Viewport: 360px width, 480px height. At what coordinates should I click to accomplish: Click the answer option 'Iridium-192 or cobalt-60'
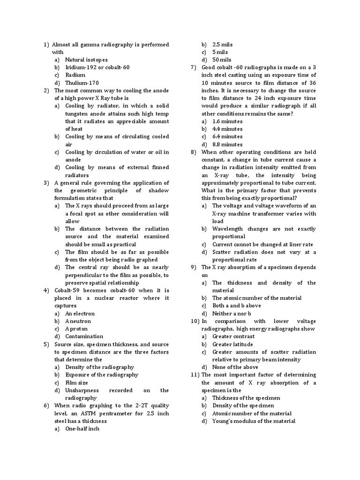(x=97, y=67)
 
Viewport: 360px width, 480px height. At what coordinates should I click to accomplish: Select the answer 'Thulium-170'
(x=82, y=83)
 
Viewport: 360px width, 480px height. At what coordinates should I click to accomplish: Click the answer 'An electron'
(x=80, y=314)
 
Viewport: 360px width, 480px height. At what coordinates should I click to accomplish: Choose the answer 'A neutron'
(x=78, y=321)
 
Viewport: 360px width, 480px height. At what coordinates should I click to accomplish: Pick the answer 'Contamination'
(x=84, y=337)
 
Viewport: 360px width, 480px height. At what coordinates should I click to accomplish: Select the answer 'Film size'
(x=76, y=382)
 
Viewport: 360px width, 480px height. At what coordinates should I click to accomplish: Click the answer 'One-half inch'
(x=82, y=429)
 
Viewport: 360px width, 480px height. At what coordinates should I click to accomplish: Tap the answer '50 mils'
(x=222, y=60)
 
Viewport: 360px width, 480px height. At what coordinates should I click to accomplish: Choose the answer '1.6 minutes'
(x=227, y=121)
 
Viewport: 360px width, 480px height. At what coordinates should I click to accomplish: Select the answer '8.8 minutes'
(x=227, y=144)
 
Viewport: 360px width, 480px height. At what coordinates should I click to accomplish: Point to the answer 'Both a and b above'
(x=237, y=306)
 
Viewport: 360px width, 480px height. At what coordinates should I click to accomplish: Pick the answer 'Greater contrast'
(x=233, y=337)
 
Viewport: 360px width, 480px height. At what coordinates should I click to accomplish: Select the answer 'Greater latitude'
(x=232, y=344)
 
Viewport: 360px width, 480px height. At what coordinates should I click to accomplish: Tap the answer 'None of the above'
(x=235, y=367)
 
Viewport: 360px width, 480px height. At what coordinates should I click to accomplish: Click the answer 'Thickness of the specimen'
(x=246, y=398)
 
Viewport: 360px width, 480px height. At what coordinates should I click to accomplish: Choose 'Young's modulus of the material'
(x=254, y=421)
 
